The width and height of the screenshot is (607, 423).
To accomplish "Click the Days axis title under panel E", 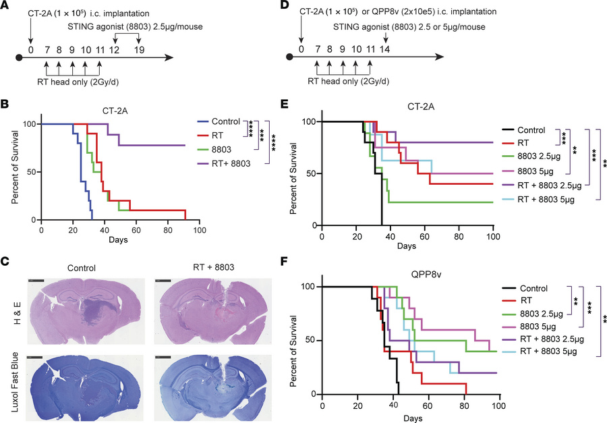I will coord(407,246).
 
